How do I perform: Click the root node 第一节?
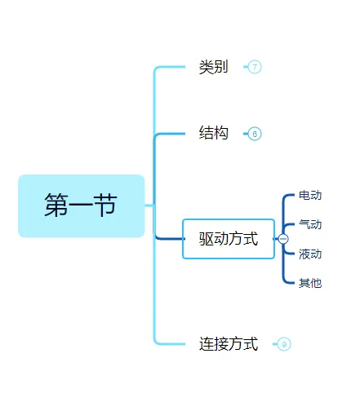[81, 205]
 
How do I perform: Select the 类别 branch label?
[213, 67]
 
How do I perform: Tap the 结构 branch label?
[213, 133]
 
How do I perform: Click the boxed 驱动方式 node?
[229, 239]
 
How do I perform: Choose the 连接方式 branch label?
[229, 344]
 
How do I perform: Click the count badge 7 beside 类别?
[255, 67]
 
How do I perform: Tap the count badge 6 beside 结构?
[255, 134]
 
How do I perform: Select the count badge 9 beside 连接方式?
[284, 344]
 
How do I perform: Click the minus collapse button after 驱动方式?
[283, 239]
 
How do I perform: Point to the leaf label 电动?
[310, 196]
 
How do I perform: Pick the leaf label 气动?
[310, 225]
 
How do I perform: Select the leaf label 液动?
[310, 254]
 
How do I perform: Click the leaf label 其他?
[310, 283]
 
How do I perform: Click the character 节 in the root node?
[104, 205]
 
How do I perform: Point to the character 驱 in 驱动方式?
[207, 239]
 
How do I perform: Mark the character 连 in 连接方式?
[207, 344]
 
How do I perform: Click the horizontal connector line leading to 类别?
[173, 67]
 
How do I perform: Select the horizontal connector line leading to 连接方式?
[173, 343]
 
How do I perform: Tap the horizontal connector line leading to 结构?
[173, 134]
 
